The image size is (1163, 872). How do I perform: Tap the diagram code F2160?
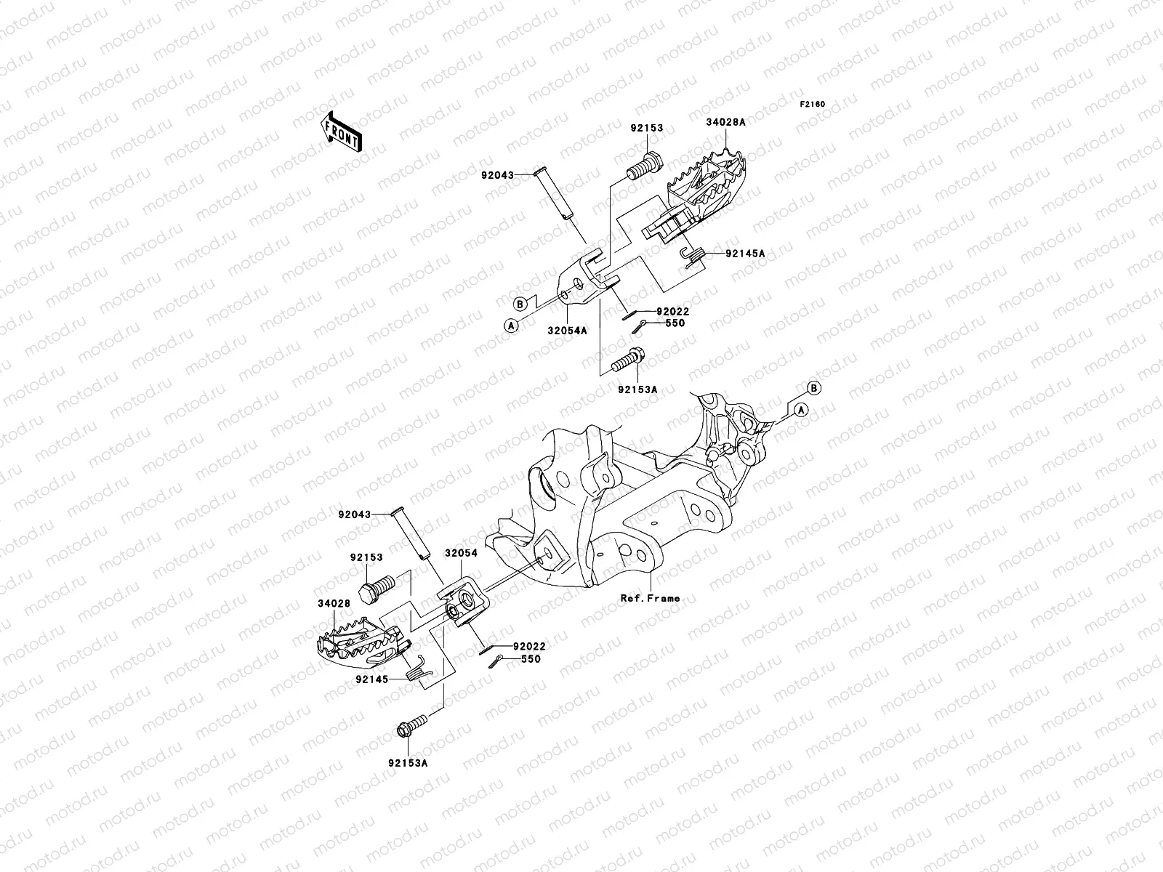[813, 105]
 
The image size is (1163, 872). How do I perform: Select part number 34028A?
[725, 123]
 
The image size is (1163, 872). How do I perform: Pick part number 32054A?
[567, 329]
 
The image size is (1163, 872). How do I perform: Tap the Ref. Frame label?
[650, 598]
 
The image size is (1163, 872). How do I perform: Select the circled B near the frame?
[813, 388]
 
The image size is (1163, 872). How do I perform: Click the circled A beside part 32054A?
[511, 326]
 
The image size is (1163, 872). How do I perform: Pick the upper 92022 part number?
[672, 311]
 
